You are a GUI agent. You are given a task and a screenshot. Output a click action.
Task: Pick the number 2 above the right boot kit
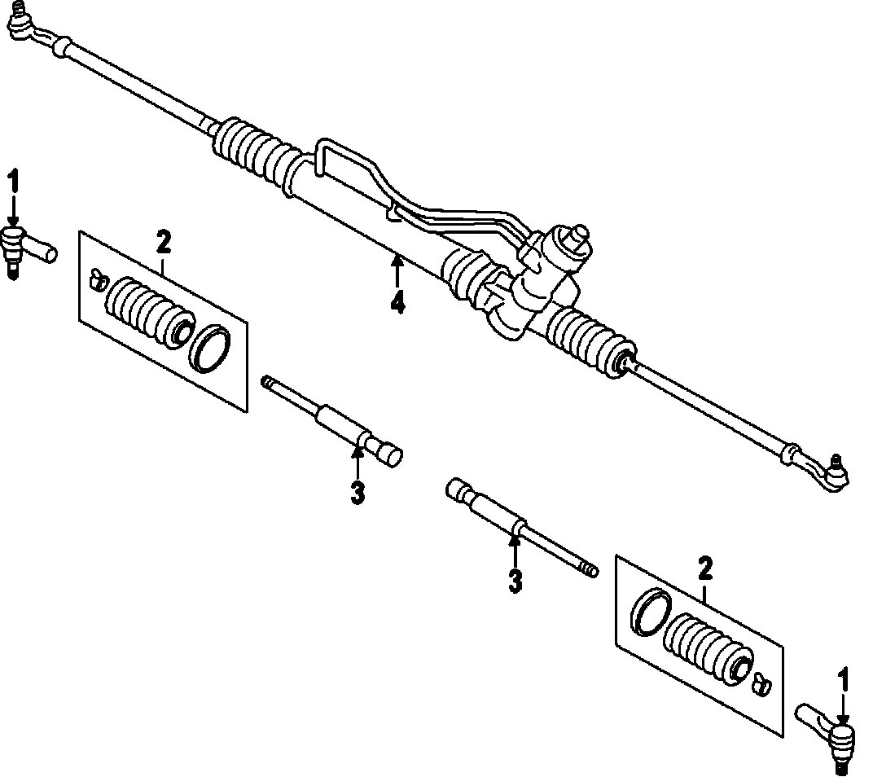[x=705, y=567]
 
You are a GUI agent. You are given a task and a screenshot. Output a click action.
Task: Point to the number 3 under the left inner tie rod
[x=357, y=493]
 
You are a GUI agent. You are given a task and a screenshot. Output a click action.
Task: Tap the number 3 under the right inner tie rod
[x=514, y=581]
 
